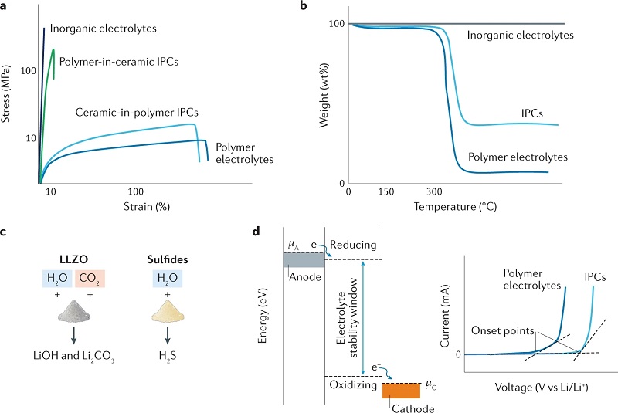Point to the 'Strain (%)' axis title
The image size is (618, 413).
[x=145, y=207]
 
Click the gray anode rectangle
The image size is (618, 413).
[x=304, y=260]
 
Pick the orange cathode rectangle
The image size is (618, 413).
[x=401, y=389]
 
